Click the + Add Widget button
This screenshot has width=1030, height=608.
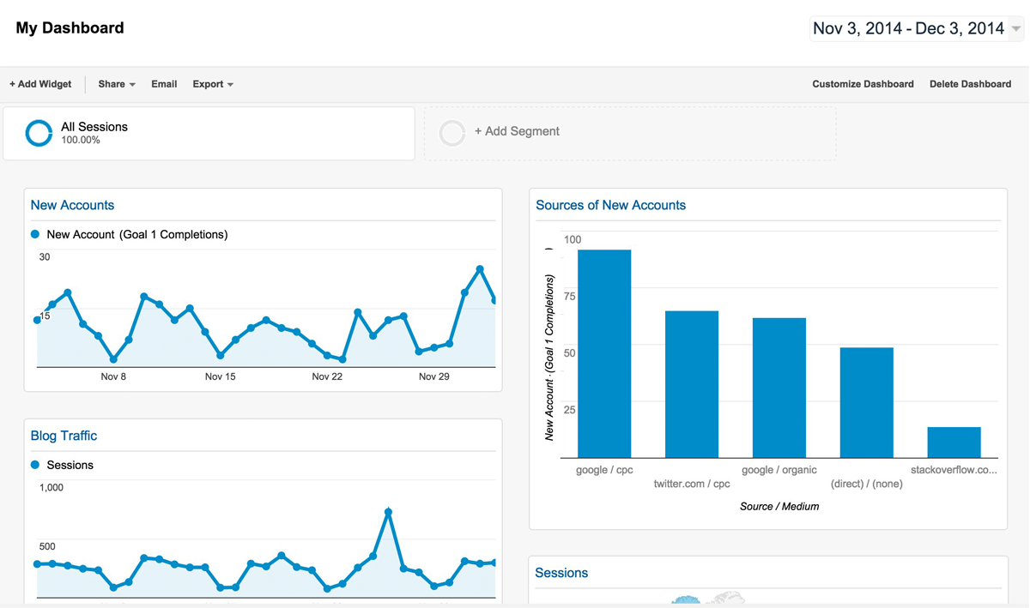coord(40,84)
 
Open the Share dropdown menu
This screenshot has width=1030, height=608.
coord(116,84)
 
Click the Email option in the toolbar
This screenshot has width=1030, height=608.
coord(164,84)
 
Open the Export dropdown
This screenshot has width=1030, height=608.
coord(212,84)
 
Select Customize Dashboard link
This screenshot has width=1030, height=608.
coord(863,84)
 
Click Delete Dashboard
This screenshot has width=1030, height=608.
coord(970,84)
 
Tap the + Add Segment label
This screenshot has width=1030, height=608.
coord(517,131)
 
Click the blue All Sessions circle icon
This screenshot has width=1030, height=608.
coord(39,133)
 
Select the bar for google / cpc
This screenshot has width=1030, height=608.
coord(604,353)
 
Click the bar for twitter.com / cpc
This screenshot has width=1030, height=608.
coord(692,384)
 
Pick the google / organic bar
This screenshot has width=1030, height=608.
coord(779,388)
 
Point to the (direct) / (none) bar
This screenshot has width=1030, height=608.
coord(867,402)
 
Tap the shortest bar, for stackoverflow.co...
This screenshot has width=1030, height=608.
coord(954,442)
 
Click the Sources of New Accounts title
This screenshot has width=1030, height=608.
coord(610,205)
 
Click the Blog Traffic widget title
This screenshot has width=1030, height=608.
coord(64,436)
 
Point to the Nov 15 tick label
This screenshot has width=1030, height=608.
coord(220,376)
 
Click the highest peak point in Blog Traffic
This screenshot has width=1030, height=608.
coord(389,512)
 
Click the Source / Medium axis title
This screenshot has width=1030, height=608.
coord(779,507)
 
